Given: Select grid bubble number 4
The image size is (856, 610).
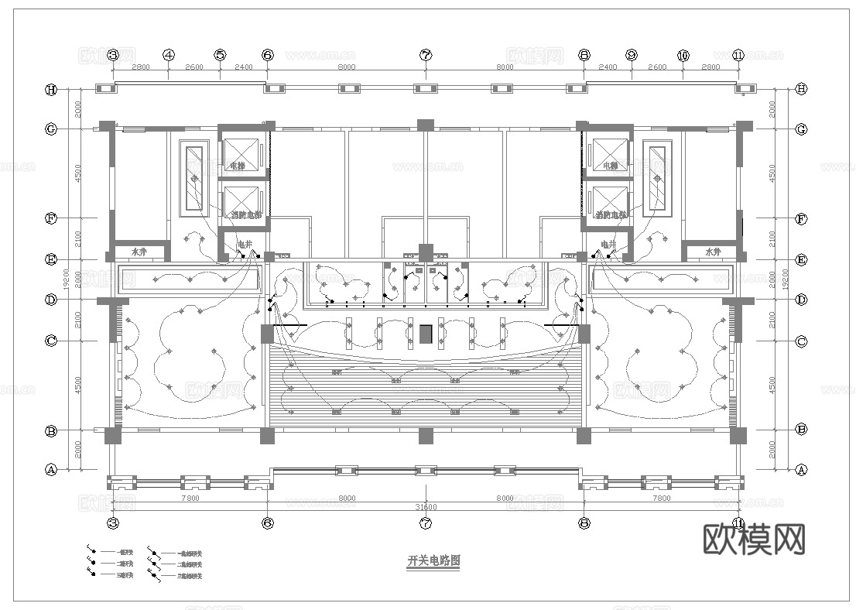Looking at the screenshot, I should click(169, 55).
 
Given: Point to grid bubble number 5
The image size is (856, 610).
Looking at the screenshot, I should click(221, 55).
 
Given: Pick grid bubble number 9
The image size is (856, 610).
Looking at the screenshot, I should click(632, 55).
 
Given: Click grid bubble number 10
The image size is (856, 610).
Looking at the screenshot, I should click(683, 55).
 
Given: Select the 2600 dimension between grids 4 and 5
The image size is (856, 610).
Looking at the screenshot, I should click(194, 67).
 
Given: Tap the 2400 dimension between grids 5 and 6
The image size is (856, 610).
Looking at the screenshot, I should click(243, 67).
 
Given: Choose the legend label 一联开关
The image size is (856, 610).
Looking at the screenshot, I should click(125, 553).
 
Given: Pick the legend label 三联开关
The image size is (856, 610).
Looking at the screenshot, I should click(125, 575).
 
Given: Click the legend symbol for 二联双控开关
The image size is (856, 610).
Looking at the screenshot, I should click(154, 564).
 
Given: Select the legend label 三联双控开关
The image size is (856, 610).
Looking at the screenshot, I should click(190, 576).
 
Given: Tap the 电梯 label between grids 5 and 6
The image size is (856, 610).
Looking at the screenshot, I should click(237, 166).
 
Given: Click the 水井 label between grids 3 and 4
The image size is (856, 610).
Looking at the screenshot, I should click(139, 252).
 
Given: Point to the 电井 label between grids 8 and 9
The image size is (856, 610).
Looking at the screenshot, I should click(608, 245).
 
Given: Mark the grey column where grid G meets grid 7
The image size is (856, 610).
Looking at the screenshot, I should click(425, 125).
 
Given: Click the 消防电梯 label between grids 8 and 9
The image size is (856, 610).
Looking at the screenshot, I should click(611, 214).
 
